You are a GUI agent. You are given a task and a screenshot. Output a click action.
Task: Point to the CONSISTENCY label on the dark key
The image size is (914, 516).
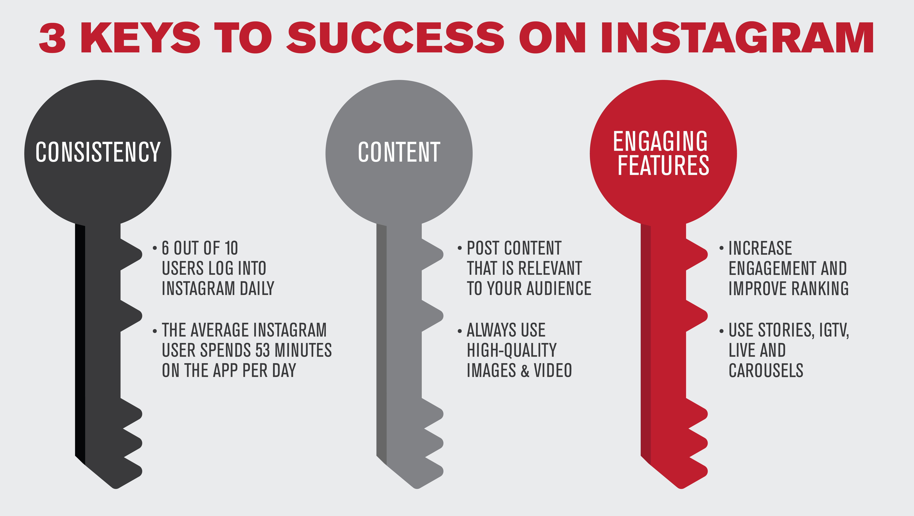[x=98, y=152]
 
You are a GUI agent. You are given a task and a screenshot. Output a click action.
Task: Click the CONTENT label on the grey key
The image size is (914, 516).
[x=399, y=152]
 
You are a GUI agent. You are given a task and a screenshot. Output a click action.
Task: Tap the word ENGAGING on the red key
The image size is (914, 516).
[x=660, y=141]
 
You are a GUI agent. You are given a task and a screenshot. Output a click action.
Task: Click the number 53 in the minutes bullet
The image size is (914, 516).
[x=263, y=350]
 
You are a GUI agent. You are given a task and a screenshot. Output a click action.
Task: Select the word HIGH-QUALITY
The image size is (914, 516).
[x=512, y=350]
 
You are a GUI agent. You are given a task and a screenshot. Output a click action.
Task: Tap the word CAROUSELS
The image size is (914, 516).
[x=766, y=370]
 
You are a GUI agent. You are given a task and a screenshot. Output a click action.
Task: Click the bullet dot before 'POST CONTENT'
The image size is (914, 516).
[x=460, y=248]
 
